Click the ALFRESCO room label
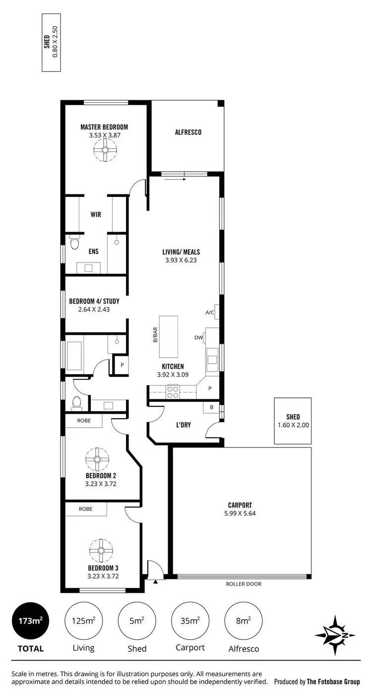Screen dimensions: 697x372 tap(187, 132)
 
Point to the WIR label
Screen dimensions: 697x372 tap(96, 214)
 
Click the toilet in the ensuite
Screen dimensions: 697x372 tap(75, 244)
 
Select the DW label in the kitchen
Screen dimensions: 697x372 tap(198, 338)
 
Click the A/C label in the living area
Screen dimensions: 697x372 tap(209, 313)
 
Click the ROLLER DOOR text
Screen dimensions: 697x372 tap(243, 584)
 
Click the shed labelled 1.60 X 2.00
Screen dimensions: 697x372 tap(293, 421)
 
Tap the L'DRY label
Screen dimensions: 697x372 tap(184, 425)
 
